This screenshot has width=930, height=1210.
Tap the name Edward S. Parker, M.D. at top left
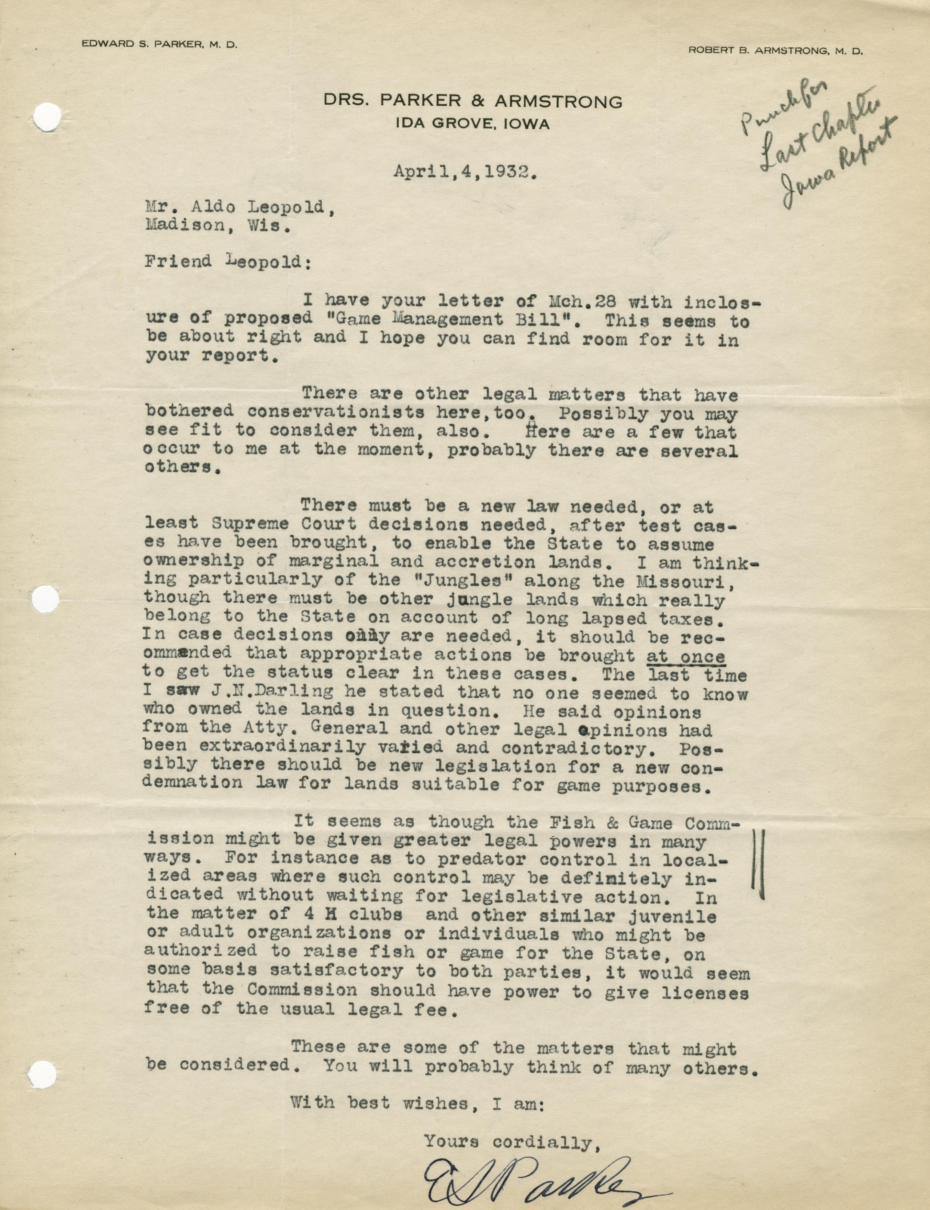160,45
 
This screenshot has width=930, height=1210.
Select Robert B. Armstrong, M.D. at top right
775,50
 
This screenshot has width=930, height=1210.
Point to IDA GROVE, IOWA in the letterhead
472,124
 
